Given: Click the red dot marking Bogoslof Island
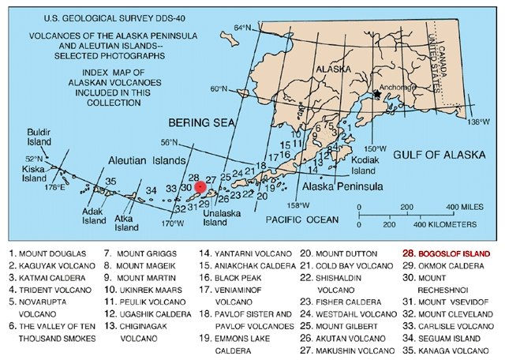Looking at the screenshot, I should (x=200, y=187).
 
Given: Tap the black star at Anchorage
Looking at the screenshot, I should (x=378, y=94).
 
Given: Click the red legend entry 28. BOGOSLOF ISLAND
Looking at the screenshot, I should (x=447, y=253).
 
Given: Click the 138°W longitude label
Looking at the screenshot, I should (x=480, y=122).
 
